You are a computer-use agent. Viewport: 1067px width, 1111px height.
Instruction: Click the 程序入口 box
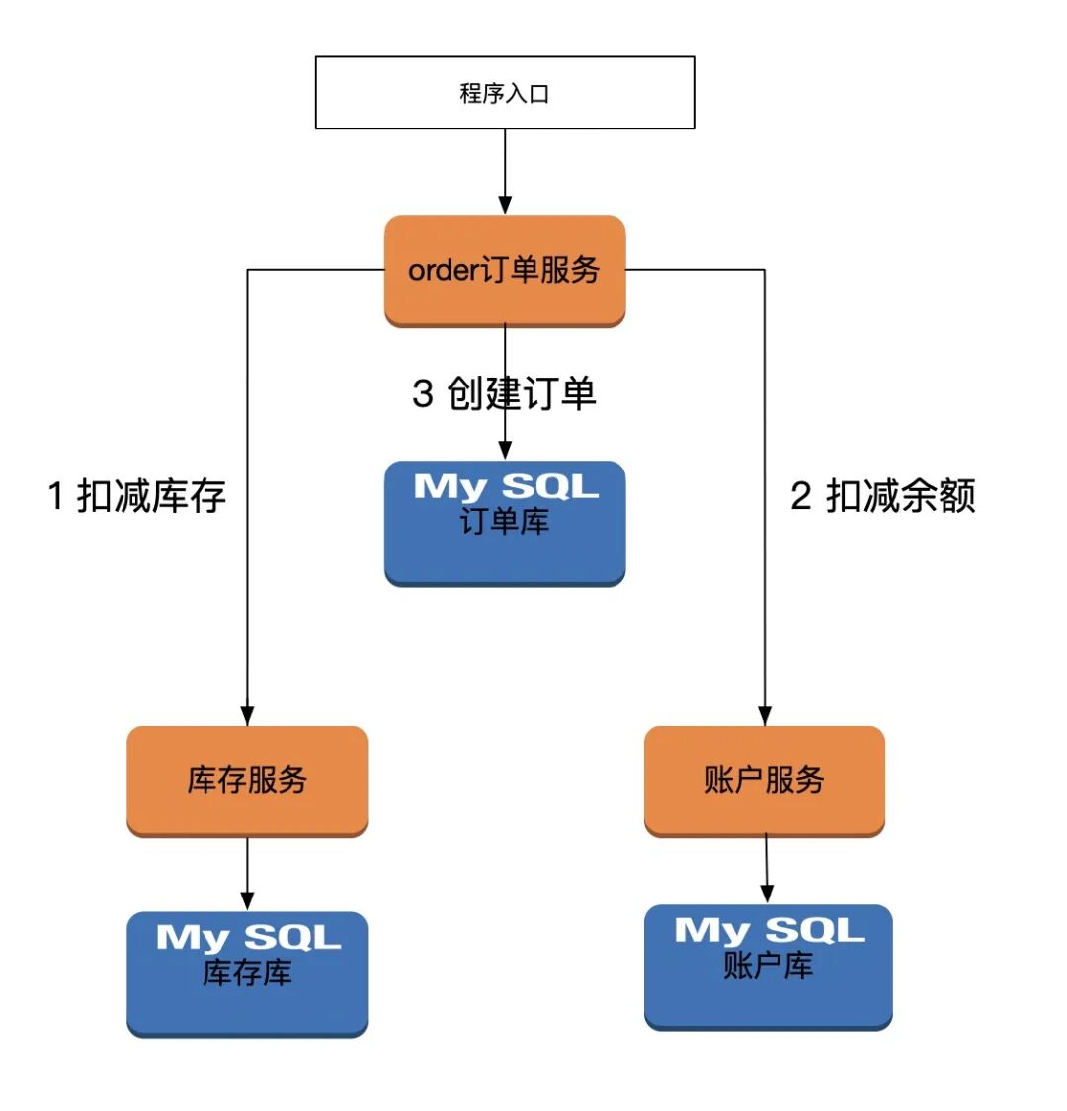505,93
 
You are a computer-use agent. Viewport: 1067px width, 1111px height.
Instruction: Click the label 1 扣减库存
137,496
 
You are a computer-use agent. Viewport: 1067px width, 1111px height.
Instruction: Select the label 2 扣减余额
883,496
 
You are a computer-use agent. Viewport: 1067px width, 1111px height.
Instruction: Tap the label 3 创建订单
504,393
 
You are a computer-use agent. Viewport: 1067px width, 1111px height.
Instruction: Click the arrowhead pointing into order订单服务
505,205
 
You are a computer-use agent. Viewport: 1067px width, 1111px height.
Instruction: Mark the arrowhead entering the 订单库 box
505,450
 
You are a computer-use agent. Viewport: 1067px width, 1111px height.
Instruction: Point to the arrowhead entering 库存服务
247,716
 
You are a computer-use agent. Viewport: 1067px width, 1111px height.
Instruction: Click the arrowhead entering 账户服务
764,716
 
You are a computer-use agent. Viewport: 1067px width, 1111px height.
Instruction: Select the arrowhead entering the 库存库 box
247,900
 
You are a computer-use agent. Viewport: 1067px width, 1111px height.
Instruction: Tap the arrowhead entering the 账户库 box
768,893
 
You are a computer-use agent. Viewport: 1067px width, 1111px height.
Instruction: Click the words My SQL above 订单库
506,486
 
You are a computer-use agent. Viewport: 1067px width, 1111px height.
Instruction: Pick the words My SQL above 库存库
248,937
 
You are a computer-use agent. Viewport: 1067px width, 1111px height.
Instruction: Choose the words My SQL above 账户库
769,930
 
